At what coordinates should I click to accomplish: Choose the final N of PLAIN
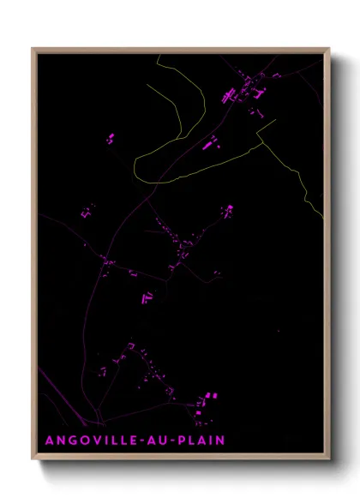[221, 441]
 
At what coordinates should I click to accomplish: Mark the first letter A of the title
[50, 441]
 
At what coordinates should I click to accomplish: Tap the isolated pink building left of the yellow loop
[109, 137]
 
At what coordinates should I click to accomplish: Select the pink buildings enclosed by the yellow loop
[210, 142]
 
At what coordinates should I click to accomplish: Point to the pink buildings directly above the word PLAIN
[205, 403]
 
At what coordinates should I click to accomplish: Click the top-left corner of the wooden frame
[33, 50]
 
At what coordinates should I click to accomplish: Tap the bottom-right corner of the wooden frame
[329, 459]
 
